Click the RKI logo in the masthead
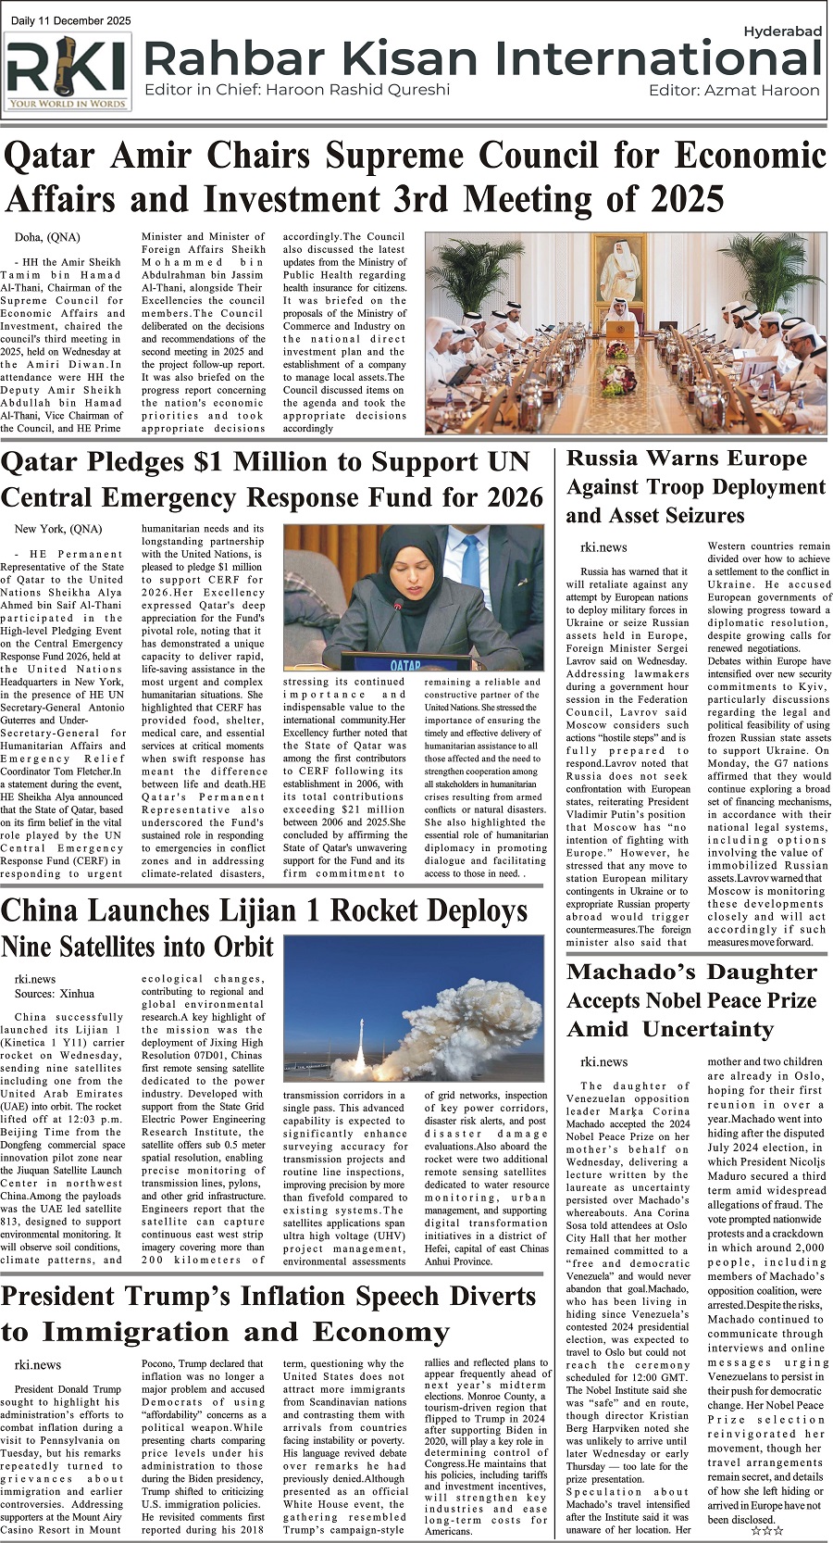68,71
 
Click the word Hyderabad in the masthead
782,31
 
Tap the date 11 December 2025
84,20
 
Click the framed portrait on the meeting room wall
622,266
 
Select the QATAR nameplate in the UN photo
404,664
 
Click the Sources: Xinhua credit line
55,994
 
